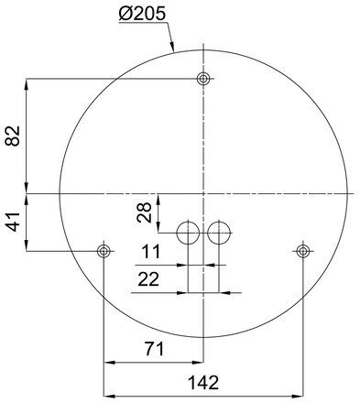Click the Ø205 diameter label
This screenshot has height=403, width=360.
(x=142, y=14)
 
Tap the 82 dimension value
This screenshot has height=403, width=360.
(x=13, y=136)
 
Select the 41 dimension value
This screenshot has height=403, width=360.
(x=13, y=222)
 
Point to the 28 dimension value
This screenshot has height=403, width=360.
(x=144, y=212)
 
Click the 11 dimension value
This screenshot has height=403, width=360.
(x=150, y=252)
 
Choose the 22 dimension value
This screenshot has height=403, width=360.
(x=148, y=279)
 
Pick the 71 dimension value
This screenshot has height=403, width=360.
(x=154, y=349)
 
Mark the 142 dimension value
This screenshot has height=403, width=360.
(x=203, y=383)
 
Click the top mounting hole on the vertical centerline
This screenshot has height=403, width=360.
(x=203, y=79)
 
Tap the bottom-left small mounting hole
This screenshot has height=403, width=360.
(x=104, y=251)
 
